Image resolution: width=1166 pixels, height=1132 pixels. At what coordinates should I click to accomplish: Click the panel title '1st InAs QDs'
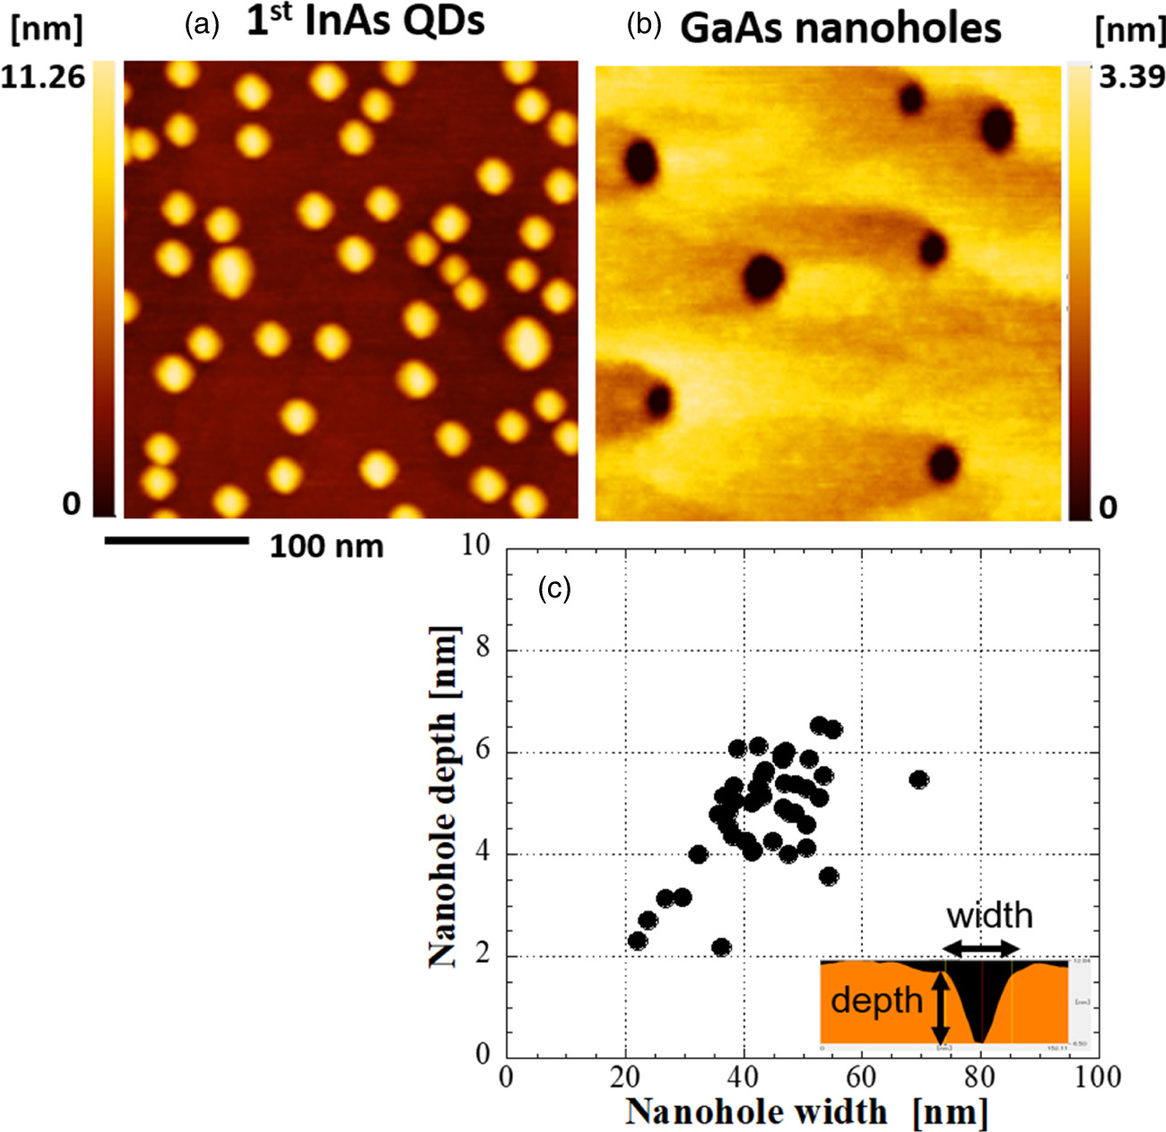365,23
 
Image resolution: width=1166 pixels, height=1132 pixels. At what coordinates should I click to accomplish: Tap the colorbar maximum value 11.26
43,77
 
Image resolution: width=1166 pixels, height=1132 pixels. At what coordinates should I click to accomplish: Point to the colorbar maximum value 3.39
1131,77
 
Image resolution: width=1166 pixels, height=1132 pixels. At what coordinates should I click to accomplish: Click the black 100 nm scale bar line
176,540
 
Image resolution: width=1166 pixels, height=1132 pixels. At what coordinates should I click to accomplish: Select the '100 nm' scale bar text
326,545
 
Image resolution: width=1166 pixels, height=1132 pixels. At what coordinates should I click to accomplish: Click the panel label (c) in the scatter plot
553,588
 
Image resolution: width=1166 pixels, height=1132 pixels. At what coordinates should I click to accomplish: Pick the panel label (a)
201,25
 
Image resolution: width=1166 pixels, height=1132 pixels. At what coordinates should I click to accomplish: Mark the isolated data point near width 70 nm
918,779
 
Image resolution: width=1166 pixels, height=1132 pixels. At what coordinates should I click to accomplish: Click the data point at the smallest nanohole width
638,941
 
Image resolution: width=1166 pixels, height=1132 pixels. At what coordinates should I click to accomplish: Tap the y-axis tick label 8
483,648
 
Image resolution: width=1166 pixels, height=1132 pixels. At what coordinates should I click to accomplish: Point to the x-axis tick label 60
862,1075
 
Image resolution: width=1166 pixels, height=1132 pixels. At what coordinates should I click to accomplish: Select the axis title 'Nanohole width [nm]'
806,1112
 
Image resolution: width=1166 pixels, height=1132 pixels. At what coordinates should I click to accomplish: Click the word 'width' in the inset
989,916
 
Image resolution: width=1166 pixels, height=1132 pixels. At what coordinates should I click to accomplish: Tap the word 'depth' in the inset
876,1000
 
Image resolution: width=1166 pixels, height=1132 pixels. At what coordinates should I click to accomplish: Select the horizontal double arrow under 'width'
981,948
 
